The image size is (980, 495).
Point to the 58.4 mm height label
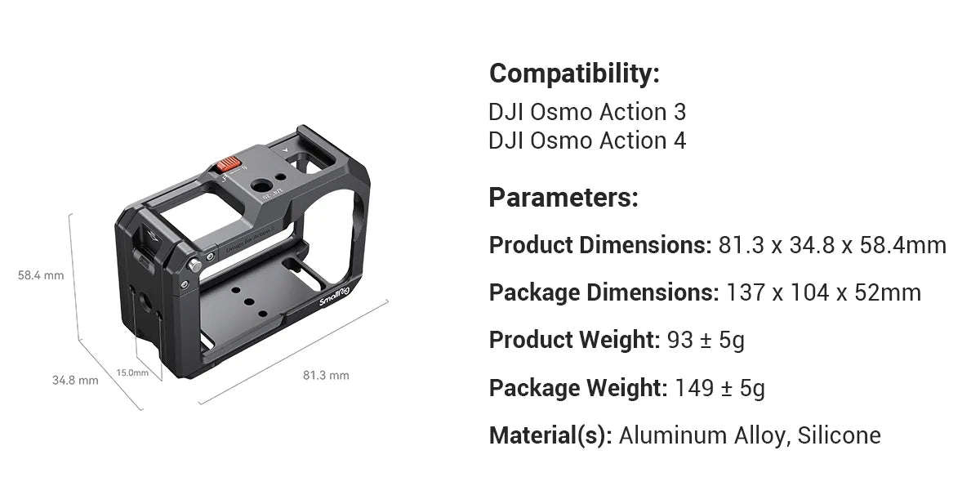coord(41,275)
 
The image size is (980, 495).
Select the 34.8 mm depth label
coord(75,380)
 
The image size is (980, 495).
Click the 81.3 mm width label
coord(326,375)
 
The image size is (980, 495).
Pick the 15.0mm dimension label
coord(132,372)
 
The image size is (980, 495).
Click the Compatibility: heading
coord(573,74)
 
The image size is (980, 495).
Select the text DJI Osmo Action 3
coord(587,112)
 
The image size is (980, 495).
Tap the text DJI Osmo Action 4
coord(587,140)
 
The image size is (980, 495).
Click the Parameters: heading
coord(563,198)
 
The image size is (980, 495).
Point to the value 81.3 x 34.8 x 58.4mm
coord(832,245)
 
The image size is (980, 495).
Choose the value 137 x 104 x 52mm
coord(823,292)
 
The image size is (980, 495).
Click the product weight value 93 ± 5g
coord(706,340)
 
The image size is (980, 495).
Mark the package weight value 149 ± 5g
coord(719,388)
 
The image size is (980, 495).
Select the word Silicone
coord(840,435)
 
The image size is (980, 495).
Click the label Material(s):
coord(550,435)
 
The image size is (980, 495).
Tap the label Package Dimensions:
coord(604,292)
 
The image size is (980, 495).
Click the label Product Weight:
coord(574,340)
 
